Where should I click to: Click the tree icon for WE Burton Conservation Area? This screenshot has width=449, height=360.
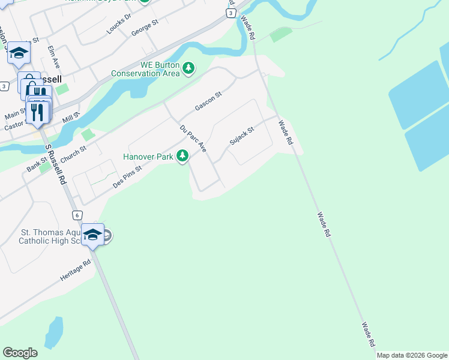(189, 68)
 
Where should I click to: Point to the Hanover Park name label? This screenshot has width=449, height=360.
(148, 157)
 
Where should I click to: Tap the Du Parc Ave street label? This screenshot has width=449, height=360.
(193, 138)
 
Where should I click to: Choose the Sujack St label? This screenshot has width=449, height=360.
(242, 136)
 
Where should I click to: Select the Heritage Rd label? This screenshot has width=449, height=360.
(75, 271)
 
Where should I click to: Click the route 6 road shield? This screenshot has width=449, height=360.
(77, 215)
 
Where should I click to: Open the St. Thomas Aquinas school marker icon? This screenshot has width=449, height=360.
(92, 235)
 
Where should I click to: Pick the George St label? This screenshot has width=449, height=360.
(145, 28)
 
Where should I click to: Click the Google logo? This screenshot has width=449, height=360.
(20, 353)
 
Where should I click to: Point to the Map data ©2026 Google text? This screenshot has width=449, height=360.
(412, 355)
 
